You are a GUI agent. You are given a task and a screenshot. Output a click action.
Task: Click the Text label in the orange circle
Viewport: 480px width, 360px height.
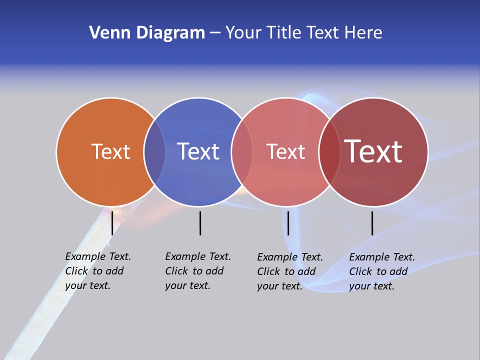[110, 151]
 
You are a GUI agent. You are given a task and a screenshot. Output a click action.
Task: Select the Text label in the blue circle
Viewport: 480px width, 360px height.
[198, 151]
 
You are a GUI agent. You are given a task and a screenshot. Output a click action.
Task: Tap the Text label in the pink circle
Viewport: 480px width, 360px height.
[285, 151]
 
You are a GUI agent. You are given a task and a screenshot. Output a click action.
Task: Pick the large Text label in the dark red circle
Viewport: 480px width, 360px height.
[373, 151]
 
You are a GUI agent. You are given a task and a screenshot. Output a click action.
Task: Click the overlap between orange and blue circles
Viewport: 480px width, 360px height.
[154, 151]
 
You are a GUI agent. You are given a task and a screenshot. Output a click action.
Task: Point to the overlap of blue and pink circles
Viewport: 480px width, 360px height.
[242, 151]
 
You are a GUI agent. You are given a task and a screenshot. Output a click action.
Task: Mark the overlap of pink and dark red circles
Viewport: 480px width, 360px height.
[329, 151]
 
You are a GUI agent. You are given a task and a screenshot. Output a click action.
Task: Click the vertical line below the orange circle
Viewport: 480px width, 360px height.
[112, 223]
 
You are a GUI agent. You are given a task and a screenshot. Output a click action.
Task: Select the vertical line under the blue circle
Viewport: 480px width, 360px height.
[200, 223]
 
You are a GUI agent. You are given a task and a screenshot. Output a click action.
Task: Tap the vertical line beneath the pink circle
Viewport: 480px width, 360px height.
[288, 223]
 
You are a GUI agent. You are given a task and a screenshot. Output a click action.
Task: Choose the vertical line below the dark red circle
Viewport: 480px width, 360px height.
[372, 223]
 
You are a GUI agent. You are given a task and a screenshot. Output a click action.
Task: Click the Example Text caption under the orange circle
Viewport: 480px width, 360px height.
[97, 271]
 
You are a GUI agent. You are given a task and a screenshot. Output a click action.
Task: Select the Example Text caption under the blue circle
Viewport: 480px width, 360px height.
[197, 271]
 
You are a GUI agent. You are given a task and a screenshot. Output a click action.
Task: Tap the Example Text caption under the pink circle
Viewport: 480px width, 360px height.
[289, 271]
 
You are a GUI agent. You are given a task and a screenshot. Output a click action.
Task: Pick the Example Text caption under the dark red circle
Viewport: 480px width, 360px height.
[381, 271]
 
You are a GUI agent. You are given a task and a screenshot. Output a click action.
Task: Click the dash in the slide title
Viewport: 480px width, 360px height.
[215, 33]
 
